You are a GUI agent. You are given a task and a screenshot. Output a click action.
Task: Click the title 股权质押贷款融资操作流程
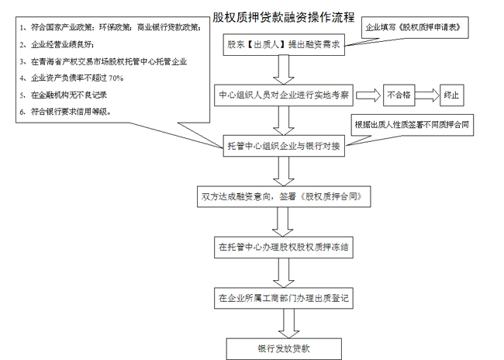tap(283, 16)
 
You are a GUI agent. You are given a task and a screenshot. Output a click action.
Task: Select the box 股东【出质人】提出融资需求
tap(284, 45)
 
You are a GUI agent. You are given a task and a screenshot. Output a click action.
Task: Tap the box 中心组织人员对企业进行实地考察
tap(283, 95)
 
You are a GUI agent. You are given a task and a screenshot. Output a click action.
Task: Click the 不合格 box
tap(399, 95)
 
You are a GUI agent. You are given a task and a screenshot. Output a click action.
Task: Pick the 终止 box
tap(451, 95)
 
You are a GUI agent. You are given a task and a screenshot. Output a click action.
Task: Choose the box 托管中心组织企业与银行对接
tap(283, 145)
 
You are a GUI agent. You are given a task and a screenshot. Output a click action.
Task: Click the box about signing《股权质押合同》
tap(283, 197)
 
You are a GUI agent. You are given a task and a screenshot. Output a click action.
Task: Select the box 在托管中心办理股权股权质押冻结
tap(283, 249)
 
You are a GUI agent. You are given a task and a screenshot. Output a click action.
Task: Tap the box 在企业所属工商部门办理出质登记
tap(283, 297)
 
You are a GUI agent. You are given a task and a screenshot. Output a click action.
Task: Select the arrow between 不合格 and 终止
tap(426, 95)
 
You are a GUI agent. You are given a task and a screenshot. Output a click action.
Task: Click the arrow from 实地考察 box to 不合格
tap(370, 95)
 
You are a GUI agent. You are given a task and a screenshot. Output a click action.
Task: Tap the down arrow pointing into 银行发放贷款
tap(283, 323)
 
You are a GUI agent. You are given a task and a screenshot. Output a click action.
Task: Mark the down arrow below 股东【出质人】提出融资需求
tap(284, 70)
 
